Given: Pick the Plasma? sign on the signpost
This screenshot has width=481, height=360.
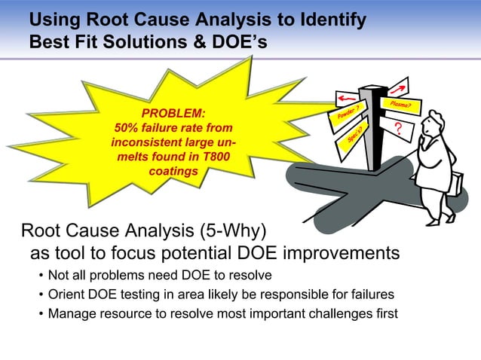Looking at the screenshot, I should click(x=399, y=105).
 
